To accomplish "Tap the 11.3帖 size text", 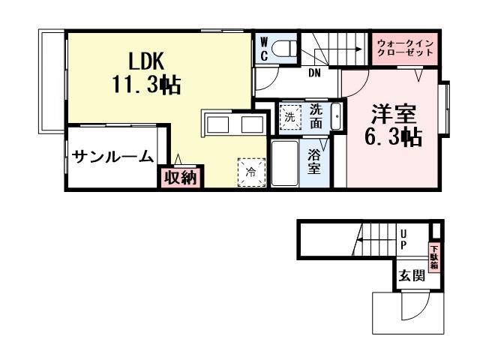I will (146, 85).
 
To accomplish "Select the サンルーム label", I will (113, 157).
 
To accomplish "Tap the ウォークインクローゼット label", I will (406, 49).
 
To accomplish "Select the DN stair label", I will (316, 73).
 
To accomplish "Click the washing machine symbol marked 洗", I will (289, 116).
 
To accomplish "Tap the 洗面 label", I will (316, 115).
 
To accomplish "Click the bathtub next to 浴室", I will (284, 163).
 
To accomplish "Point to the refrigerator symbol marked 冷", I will (250, 171).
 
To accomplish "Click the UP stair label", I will (403, 240).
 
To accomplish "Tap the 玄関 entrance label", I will (412, 275).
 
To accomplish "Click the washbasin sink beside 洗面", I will (334, 116).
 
